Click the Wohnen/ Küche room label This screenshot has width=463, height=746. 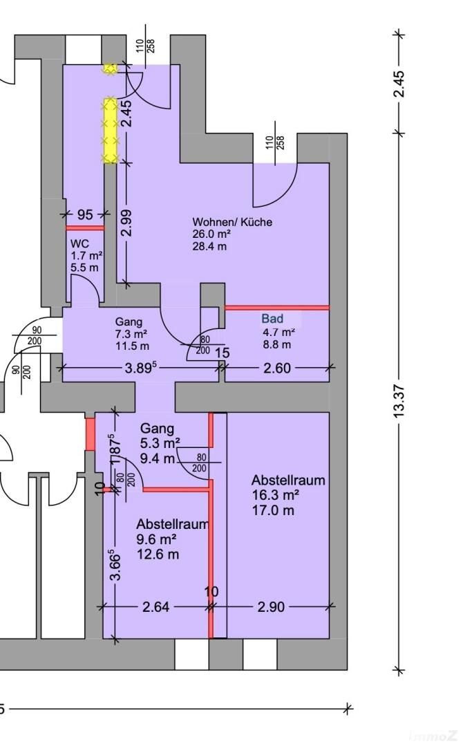click(x=232, y=222)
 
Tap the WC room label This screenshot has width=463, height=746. click(x=79, y=243)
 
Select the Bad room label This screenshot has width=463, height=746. click(x=272, y=319)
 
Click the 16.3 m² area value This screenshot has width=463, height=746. click(x=275, y=495)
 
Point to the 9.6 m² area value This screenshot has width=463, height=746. click(x=156, y=539)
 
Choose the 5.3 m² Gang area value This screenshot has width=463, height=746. click(x=160, y=442)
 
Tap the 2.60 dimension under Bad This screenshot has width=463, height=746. click(x=277, y=369)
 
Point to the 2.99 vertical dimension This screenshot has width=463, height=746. click(x=126, y=223)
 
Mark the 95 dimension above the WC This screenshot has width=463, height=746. click(x=84, y=214)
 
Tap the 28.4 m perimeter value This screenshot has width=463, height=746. click(x=210, y=246)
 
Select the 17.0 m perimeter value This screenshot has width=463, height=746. click(x=273, y=510)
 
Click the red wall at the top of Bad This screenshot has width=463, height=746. click(x=277, y=307)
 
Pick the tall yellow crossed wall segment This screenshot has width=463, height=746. click(x=109, y=131)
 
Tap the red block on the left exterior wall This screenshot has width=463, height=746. click(x=90, y=433)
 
